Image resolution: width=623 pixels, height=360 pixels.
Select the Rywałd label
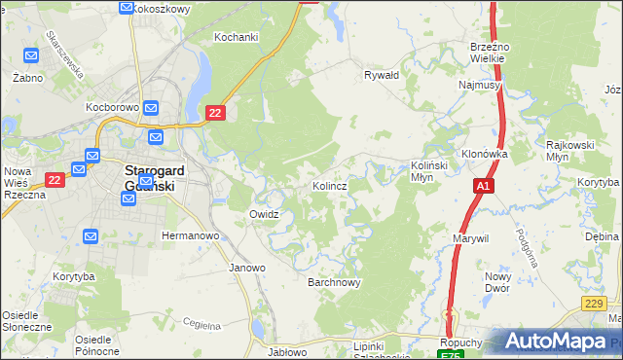pyautogui.click(x=382, y=75)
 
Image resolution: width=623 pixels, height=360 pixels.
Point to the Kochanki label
pyautogui.click(x=237, y=37)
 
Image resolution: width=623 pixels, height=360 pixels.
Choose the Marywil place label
pyautogui.click(x=470, y=237)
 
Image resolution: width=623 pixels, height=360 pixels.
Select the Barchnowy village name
pyautogui.click(x=335, y=283)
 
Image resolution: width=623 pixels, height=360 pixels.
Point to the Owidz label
pyautogui.click(x=265, y=214)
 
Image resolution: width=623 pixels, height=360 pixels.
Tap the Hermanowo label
pyautogui.click(x=190, y=236)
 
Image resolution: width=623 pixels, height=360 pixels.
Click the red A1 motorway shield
pyautogui.click(x=484, y=185)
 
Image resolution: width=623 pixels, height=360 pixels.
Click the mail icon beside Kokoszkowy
pyautogui.click(x=127, y=8)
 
